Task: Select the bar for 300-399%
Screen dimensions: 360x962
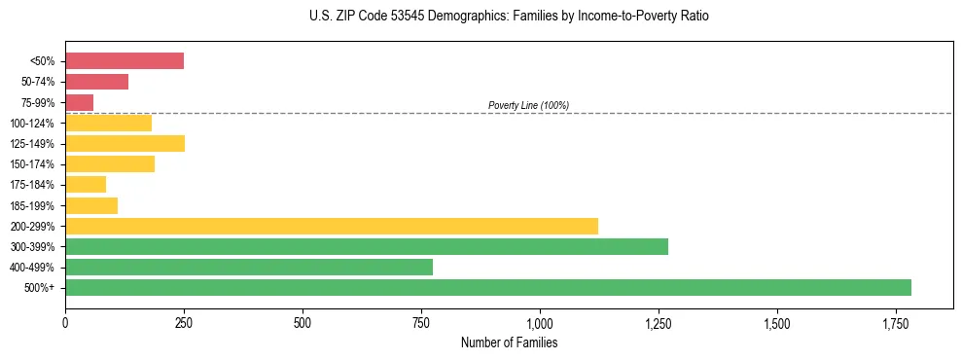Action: click(x=367, y=246)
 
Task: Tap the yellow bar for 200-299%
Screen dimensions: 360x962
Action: click(x=332, y=226)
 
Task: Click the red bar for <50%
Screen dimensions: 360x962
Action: click(x=125, y=61)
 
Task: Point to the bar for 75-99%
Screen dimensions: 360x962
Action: click(x=80, y=102)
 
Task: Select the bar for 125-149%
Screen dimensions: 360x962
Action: click(x=125, y=143)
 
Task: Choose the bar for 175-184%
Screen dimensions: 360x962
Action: click(x=86, y=184)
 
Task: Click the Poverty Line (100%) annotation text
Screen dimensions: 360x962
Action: click(x=528, y=105)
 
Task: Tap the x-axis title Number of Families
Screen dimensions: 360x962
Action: click(x=509, y=342)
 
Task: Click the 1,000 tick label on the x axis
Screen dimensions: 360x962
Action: click(x=540, y=322)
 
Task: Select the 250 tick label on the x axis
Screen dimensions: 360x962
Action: click(x=184, y=322)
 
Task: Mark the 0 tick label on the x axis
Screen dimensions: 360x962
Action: click(x=65, y=322)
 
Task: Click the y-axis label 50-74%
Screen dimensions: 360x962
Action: click(x=38, y=83)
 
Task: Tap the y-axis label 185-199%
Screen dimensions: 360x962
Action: click(x=34, y=205)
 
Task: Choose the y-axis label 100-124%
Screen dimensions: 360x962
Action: click(x=34, y=124)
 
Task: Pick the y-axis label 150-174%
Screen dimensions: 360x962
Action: click(x=34, y=164)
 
